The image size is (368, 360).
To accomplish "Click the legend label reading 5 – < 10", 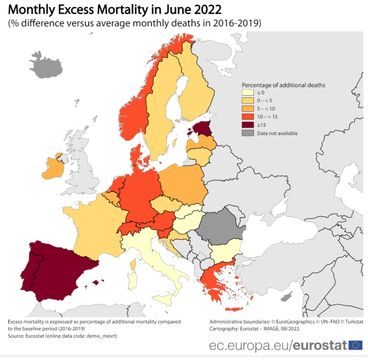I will coord(266,109).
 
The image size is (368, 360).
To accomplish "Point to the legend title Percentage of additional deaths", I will coord(283,85).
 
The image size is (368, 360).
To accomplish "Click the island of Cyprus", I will coord(287,297).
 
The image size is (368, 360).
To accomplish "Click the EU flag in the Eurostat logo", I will coord(355,345).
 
